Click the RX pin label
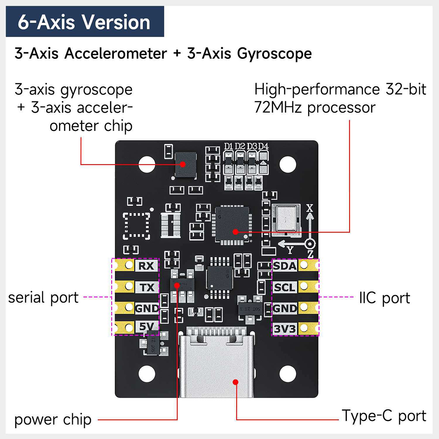pyautogui.click(x=146, y=266)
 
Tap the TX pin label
pyautogui.click(x=147, y=287)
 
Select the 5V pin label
pyautogui.click(x=147, y=327)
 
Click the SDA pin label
pyautogui.click(x=285, y=266)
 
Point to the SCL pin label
pyautogui.click(x=285, y=287)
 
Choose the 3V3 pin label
pyautogui.click(x=285, y=329)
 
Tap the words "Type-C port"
pyautogui.click(x=384, y=416)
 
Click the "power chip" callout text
pyautogui.click(x=53, y=420)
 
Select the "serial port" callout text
pyautogui.click(x=43, y=297)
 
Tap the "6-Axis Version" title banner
pyautogui.click(x=85, y=22)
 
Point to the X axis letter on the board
pyautogui.click(x=310, y=208)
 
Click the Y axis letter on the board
pyautogui.click(x=290, y=250)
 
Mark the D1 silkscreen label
pyautogui.click(x=229, y=146)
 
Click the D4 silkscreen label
pyautogui.click(x=263, y=146)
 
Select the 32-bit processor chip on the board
pyautogui.click(x=232, y=224)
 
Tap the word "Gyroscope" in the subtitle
pyautogui.click(x=274, y=54)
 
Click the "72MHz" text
pyautogui.click(x=278, y=108)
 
